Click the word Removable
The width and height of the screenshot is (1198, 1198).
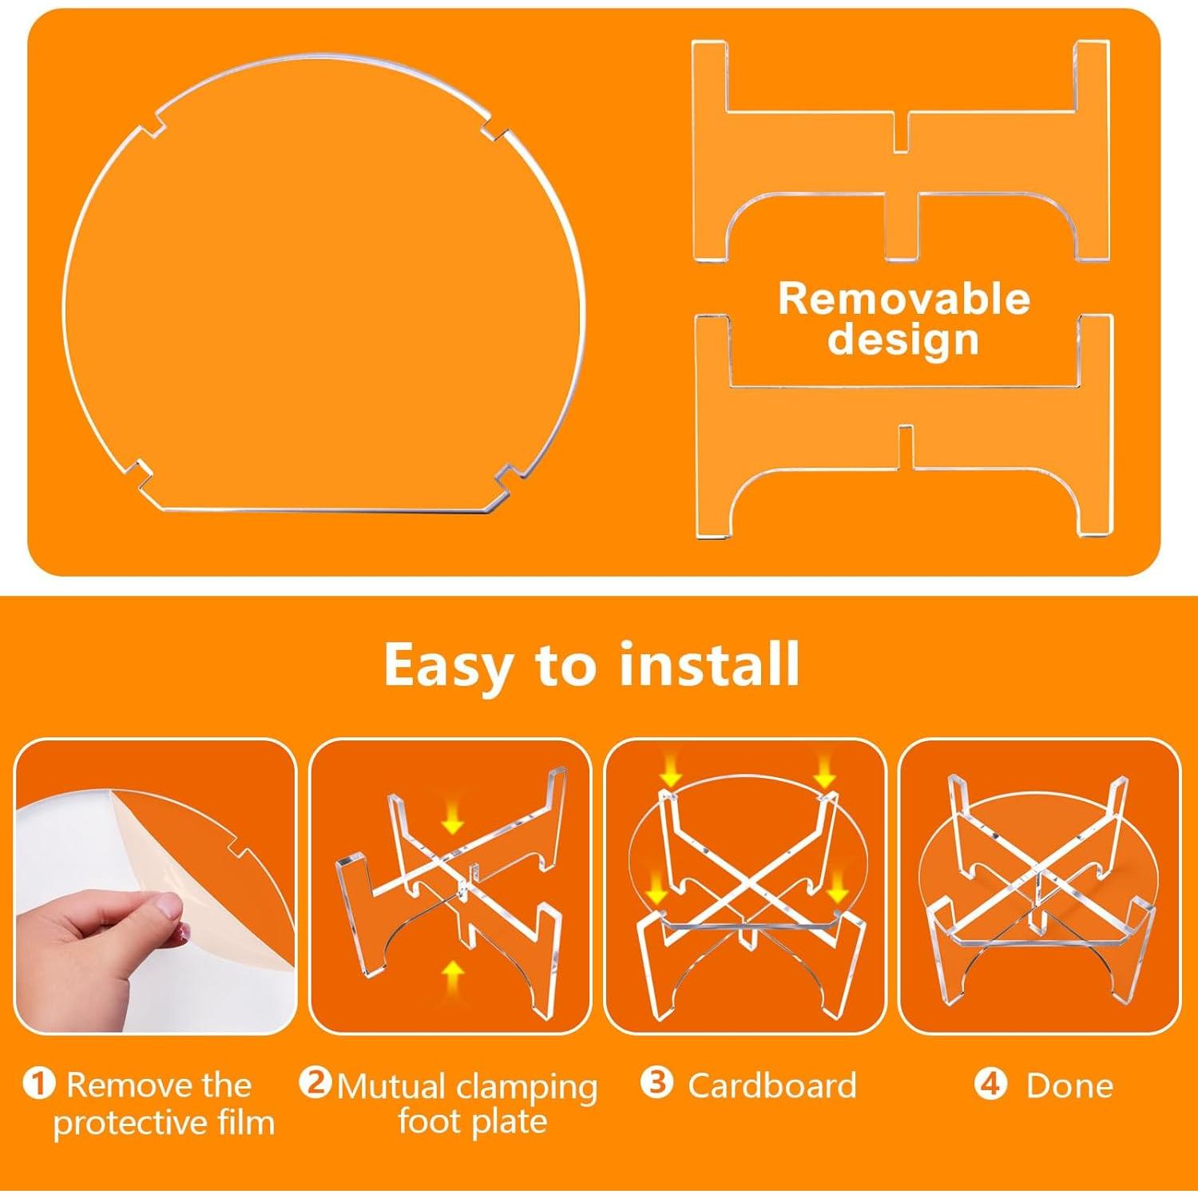(903, 299)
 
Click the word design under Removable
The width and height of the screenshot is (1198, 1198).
(902, 339)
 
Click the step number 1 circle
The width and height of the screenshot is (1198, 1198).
(38, 1085)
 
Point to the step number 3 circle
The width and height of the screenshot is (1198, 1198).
(657, 1084)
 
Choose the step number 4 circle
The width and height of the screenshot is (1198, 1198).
(990, 1085)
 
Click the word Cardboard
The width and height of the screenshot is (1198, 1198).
(772, 1085)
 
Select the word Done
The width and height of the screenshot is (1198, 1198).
(1069, 1085)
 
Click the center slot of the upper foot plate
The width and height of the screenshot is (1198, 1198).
(901, 132)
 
